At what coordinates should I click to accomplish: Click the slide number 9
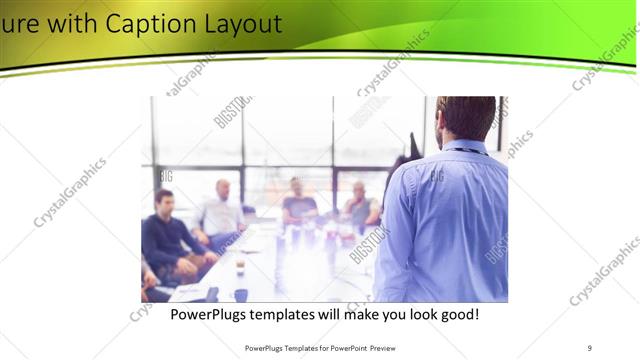tap(589, 347)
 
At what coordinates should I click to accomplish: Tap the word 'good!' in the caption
tap(456, 314)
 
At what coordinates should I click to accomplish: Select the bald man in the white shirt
tap(221, 210)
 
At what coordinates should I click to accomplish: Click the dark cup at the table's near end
tap(241, 294)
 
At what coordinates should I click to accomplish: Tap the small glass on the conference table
tap(240, 265)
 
